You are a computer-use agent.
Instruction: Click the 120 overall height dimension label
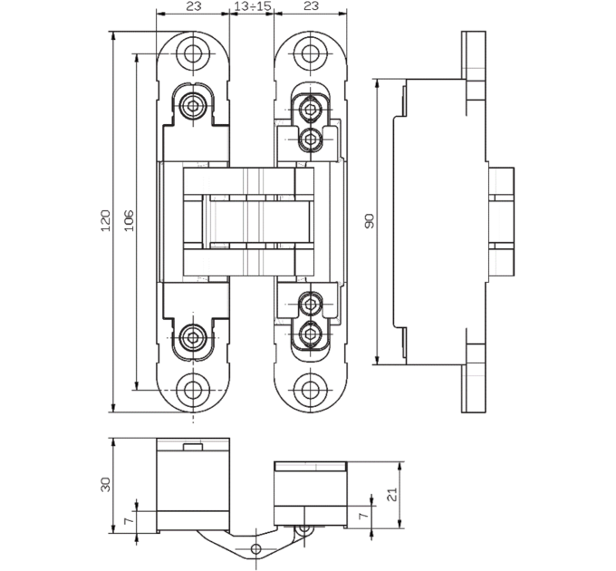click(x=106, y=221)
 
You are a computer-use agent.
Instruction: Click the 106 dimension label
click(x=129, y=221)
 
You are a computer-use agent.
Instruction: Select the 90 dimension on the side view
click(x=370, y=221)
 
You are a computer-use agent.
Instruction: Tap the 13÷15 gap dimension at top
click(x=252, y=6)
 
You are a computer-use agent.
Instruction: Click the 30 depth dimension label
click(x=106, y=485)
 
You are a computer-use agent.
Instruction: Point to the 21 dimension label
click(x=392, y=494)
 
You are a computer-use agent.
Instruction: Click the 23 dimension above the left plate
click(x=193, y=6)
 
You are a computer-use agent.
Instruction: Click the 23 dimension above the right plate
click(x=311, y=6)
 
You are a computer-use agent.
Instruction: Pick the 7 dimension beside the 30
click(x=129, y=521)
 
